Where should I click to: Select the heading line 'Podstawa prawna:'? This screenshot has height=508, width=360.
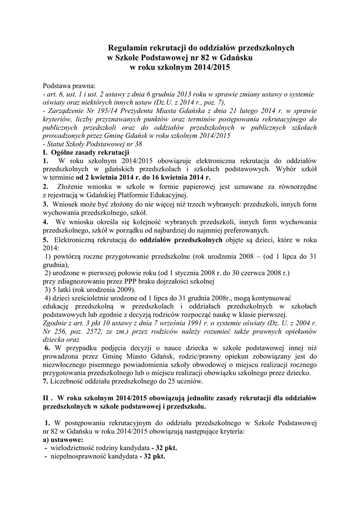70,85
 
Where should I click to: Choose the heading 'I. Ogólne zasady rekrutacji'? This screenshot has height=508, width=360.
86,152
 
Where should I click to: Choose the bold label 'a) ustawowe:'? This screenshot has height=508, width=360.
63,440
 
